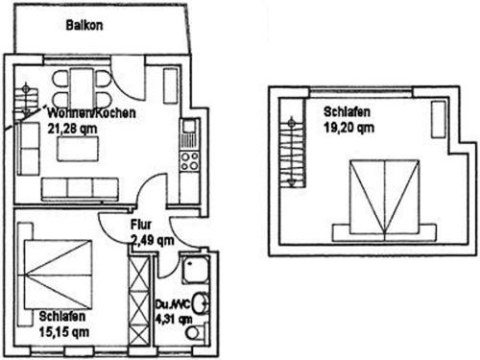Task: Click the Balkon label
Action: tap(84, 25)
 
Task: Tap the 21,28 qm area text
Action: tap(72, 129)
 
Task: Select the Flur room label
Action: tap(141, 225)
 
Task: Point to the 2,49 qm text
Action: tap(153, 240)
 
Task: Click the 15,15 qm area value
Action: tap(64, 332)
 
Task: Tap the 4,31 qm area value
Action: tap(174, 319)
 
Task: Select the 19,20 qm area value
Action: tap(348, 128)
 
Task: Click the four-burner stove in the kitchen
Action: tap(189, 161)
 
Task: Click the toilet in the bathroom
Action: tap(196, 332)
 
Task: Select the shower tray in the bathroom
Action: tap(196, 270)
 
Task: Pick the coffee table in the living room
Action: tap(78, 149)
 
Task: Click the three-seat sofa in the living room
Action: tap(80, 189)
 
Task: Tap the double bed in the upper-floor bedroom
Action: tap(384, 201)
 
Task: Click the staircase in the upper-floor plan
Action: tap(292, 151)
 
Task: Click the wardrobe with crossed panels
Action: tap(139, 300)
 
